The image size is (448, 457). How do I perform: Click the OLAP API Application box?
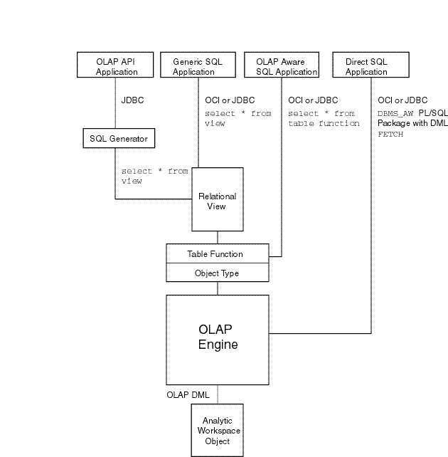(x=115, y=66)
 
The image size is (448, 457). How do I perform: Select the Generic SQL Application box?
(x=198, y=66)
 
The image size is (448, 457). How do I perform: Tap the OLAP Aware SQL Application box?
(x=282, y=66)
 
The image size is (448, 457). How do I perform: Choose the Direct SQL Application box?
(x=366, y=66)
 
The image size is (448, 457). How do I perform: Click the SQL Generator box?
(x=118, y=137)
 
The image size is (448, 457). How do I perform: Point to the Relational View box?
(x=218, y=200)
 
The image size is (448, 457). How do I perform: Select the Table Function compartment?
(x=218, y=253)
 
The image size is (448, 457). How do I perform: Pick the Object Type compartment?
(x=218, y=273)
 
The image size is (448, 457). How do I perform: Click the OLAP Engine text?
(x=218, y=337)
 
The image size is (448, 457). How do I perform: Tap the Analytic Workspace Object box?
(x=218, y=431)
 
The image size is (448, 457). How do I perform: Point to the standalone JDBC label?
(x=132, y=101)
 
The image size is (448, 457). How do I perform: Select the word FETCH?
(x=390, y=134)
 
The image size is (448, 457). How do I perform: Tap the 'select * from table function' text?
(x=323, y=118)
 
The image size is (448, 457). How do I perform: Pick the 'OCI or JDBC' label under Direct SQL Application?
(x=402, y=101)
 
